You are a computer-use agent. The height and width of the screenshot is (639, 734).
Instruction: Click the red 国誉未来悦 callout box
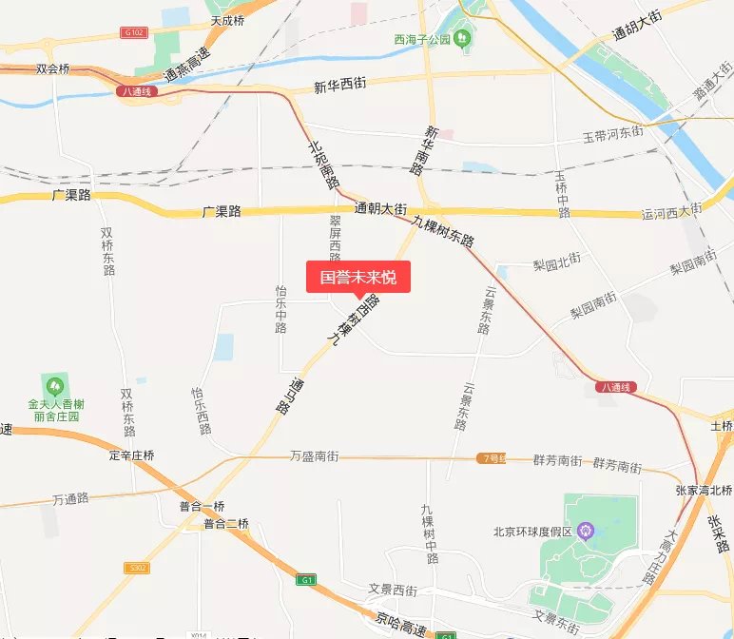click(357, 278)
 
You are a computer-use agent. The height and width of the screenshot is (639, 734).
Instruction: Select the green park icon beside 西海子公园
click(463, 38)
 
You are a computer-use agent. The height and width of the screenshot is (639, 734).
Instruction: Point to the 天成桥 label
click(228, 19)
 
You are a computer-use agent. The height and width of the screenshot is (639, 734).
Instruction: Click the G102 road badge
click(134, 32)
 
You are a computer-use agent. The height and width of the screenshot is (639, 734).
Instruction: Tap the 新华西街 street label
click(339, 87)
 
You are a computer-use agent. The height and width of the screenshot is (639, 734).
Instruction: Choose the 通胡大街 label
click(636, 27)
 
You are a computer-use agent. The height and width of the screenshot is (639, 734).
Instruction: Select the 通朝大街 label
click(380, 208)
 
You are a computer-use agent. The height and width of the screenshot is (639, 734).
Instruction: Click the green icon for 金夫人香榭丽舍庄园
click(54, 385)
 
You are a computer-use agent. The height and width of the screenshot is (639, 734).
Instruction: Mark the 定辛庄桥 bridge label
click(131, 455)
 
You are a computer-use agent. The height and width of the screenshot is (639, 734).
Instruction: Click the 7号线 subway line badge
click(491, 458)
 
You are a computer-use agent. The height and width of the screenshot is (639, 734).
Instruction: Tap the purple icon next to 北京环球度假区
click(587, 530)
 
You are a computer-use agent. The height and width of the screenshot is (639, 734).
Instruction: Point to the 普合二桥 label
click(225, 524)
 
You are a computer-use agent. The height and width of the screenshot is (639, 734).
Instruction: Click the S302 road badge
click(137, 568)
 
